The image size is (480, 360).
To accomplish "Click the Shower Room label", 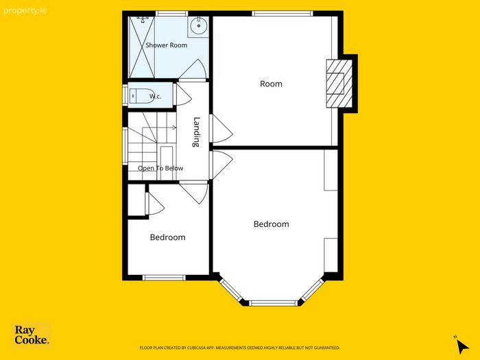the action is click(166, 45).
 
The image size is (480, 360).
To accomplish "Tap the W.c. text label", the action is click(155, 97).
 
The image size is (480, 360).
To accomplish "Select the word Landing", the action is click(197, 132).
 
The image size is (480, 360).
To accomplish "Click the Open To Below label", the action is click(160, 168).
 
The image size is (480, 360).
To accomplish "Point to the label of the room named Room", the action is click(271, 84).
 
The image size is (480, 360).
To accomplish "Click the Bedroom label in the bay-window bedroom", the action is click(272, 224).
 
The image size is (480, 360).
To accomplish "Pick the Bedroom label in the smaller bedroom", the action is click(167, 237).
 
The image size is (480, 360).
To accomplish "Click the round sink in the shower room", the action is click(199, 25).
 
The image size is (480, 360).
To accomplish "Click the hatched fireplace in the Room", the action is click(339, 84).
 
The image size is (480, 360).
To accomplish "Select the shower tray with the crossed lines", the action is click(142, 47).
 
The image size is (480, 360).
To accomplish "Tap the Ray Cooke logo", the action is click(32, 335).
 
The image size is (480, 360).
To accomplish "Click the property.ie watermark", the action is click(25, 12).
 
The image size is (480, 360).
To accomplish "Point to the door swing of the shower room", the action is click(193, 69).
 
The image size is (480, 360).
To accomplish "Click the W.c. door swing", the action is click(183, 95).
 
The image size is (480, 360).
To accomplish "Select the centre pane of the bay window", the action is click(273, 303).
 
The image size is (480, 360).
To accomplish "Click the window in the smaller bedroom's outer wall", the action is click(164, 278).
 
